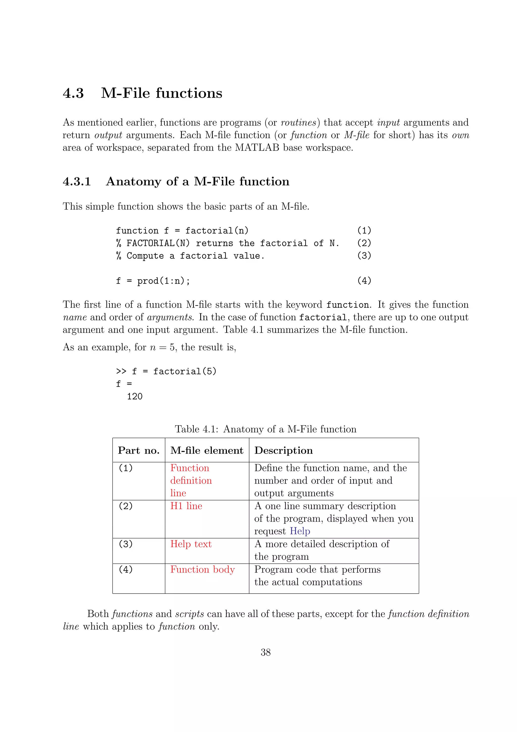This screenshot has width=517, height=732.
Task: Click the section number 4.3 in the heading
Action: click(x=73, y=93)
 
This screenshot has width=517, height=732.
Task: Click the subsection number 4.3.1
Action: click(x=77, y=182)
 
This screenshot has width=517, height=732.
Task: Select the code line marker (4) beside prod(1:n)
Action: click(x=364, y=281)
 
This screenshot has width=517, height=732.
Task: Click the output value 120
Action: click(x=135, y=396)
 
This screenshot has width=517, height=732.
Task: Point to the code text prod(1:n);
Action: click(x=163, y=281)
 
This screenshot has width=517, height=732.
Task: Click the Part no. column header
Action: click(x=139, y=450)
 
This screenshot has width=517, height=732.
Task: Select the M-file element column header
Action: click(x=207, y=450)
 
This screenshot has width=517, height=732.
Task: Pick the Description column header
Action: click(x=283, y=450)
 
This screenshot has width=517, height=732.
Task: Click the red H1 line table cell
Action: click(x=186, y=506)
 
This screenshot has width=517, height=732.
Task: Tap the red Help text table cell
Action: click(x=191, y=544)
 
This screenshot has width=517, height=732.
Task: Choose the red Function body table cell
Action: click(x=203, y=569)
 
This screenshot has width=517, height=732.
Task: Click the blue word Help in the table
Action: click(x=300, y=531)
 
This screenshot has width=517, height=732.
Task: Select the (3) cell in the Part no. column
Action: click(x=125, y=544)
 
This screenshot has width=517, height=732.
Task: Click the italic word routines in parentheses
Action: click(x=298, y=123)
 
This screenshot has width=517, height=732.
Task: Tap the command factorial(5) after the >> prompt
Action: click(x=185, y=371)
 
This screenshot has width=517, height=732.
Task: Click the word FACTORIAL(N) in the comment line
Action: click(x=158, y=243)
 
